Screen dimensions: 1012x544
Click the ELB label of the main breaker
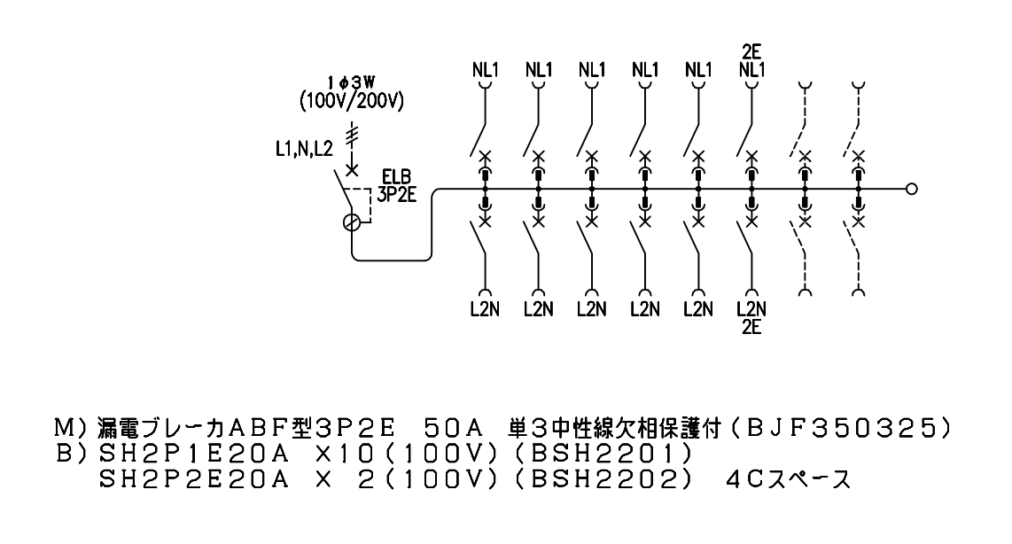click(396, 177)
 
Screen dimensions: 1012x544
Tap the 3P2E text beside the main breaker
click(396, 194)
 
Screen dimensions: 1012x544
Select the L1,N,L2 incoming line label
click(304, 150)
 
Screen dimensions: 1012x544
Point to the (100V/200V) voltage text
click(352, 101)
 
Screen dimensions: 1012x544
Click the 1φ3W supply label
click(351, 82)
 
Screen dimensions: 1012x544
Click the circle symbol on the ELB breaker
click(352, 222)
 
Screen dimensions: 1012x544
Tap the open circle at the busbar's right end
click(911, 189)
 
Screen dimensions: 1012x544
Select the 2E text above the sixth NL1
click(751, 51)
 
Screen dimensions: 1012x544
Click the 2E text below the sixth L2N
click(751, 327)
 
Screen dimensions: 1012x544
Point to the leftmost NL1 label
click(486, 69)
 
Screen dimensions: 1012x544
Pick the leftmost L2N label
click(486, 310)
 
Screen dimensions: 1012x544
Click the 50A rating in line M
click(454, 429)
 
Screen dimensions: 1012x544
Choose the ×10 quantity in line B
click(345, 455)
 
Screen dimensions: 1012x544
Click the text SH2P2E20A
click(194, 479)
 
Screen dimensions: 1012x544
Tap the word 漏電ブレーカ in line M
click(160, 429)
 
